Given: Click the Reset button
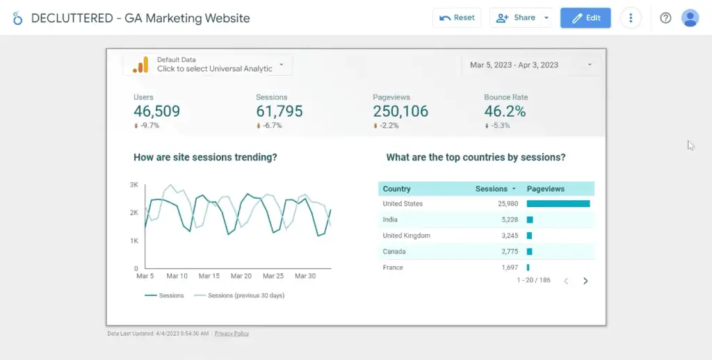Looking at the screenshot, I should point(457,18).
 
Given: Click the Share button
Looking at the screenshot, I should point(517,18).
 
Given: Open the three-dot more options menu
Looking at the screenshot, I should point(631,18).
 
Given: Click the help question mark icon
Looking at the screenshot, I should point(665,18).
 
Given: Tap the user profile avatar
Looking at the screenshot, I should point(690,18).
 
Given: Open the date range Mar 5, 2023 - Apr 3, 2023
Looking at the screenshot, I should point(531,65).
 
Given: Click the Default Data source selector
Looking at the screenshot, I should point(208,65).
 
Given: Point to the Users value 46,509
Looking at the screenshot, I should point(156,111).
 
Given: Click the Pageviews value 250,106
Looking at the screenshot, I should point(400,111).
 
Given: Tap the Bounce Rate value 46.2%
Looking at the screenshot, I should point(505,111).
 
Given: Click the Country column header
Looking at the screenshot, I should point(397,189).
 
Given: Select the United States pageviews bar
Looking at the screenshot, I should point(558,204).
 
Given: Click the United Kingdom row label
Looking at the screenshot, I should point(407,236).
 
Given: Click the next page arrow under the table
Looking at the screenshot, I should point(585,281).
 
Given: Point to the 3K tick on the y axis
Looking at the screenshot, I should point(135,185).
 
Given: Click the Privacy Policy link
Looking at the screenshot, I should point(232,334).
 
